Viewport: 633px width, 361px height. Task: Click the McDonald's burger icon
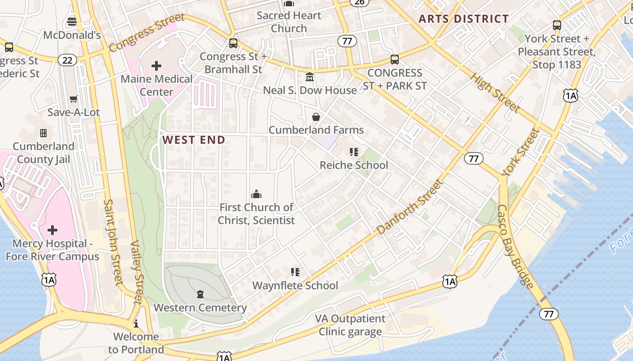pos(72,21)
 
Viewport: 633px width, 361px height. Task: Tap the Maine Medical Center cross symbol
pos(156,66)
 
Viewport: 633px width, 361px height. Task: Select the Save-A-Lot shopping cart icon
pos(73,99)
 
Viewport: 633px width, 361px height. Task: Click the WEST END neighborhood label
pos(194,140)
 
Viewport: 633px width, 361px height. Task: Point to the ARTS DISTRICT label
pos(463,19)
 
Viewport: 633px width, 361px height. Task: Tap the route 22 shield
pos(67,60)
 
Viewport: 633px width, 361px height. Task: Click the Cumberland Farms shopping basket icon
pos(316,117)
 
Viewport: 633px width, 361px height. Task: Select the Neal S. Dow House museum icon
pos(310,77)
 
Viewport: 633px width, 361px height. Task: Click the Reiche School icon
pos(354,152)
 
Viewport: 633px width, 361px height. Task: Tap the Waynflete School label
pos(295,285)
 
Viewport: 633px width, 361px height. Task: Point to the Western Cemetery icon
pos(200,295)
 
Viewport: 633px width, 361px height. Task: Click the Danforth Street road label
pos(409,207)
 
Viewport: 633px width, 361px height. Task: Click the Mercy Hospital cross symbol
pos(52,230)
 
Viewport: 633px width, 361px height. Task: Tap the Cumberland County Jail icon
pos(43,133)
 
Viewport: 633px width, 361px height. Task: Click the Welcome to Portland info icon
pos(136,324)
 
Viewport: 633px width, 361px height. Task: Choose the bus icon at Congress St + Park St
pos(395,59)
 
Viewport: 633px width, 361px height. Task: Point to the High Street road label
pos(495,93)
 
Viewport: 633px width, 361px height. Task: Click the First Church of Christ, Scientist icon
pos(256,194)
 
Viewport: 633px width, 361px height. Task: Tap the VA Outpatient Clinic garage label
pos(350,325)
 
